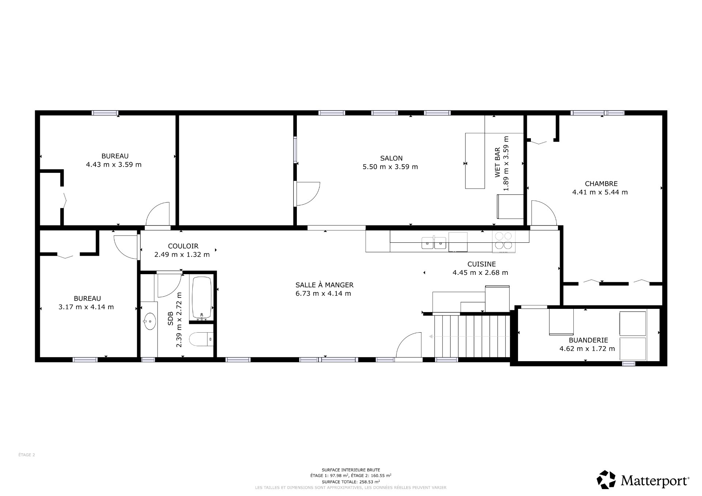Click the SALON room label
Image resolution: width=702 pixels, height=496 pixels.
391,158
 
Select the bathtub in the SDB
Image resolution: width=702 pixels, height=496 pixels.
202,298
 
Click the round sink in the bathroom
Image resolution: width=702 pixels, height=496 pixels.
150,321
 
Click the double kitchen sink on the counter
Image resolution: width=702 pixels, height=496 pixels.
434,243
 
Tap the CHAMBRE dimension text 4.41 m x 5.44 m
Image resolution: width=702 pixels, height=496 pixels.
600,192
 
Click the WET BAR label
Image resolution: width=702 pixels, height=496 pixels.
498,163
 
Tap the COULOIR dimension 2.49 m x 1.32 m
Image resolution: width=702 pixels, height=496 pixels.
182,254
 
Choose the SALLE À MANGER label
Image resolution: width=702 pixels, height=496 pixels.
324,285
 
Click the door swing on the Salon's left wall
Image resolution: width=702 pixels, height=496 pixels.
308,193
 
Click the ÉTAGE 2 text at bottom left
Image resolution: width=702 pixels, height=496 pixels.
27,455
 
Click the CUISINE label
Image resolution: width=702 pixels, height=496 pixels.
481,264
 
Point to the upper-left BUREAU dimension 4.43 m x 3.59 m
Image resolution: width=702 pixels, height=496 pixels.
114,164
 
